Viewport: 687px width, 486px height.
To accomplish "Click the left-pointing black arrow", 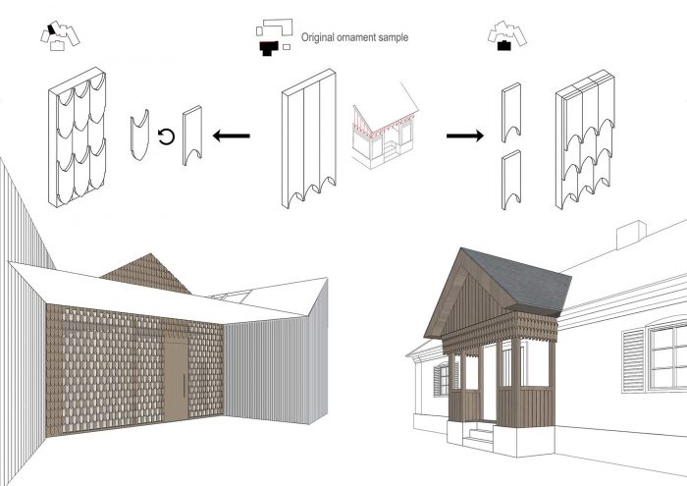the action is click(x=232, y=135).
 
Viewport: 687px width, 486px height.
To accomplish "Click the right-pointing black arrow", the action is click(x=465, y=135).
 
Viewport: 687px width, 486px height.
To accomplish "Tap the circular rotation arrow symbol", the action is click(x=166, y=136).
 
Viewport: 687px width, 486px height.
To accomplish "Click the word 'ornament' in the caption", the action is click(x=356, y=37).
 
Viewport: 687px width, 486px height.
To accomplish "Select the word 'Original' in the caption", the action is click(x=318, y=37).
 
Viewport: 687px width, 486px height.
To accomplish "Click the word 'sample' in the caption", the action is click(x=393, y=38).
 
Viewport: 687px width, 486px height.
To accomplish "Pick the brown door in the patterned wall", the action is click(x=176, y=380).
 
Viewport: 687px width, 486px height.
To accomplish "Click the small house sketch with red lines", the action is click(x=384, y=127).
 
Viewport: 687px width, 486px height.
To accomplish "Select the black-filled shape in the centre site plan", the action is click(x=269, y=48).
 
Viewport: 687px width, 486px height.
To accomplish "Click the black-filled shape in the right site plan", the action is click(x=504, y=45).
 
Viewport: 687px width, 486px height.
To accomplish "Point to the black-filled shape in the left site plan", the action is click(x=52, y=29).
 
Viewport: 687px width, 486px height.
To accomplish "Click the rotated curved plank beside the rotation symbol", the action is click(x=139, y=135).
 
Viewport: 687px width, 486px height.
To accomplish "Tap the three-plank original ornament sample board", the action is click(x=309, y=138).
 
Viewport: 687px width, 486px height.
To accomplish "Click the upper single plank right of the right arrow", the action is click(x=511, y=112).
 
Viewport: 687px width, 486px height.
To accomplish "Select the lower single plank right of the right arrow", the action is click(x=511, y=180).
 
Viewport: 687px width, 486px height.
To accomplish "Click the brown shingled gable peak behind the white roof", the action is click(x=148, y=275).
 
